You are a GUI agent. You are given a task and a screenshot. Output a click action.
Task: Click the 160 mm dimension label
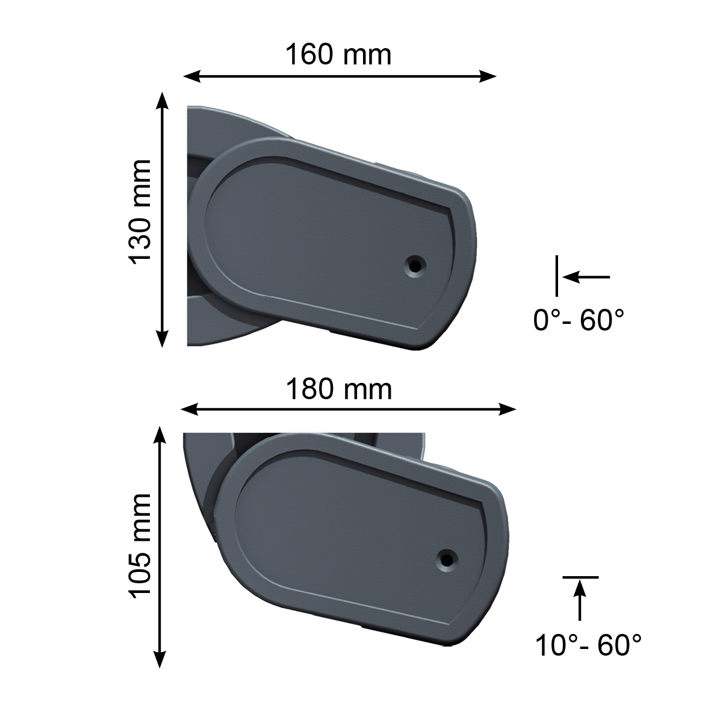click(x=338, y=55)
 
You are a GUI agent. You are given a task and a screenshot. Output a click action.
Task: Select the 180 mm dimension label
click(x=339, y=390)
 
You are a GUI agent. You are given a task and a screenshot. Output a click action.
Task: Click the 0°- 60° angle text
click(x=579, y=320)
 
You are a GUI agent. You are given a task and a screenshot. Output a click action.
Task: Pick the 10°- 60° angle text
click(x=589, y=645)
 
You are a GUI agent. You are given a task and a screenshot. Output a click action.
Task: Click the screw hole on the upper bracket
click(x=415, y=265)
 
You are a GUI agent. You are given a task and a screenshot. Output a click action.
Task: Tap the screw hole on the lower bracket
click(x=447, y=559)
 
